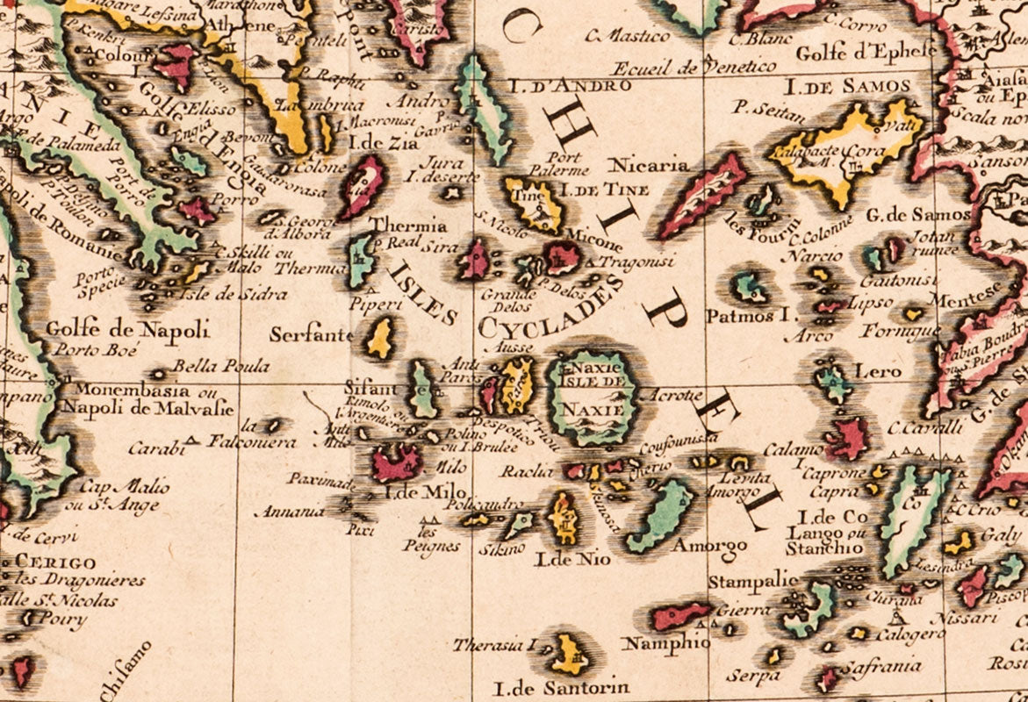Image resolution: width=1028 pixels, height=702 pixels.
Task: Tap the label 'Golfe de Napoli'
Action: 128,330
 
